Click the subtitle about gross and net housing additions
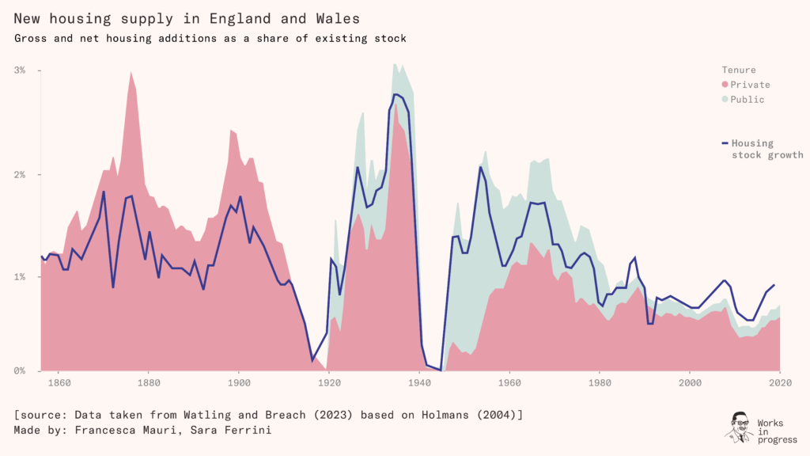point(210,37)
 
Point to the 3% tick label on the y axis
point(21,70)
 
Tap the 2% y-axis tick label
point(21,174)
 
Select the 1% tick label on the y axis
point(21,277)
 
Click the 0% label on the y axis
point(21,370)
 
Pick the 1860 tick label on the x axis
point(59,383)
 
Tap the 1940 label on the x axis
point(419,383)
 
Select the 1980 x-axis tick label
point(600,383)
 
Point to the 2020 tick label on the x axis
point(780,383)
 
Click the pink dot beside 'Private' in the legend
point(725,85)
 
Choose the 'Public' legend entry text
point(748,100)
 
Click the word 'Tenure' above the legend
point(739,70)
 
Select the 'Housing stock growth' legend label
point(766,149)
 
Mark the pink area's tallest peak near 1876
point(131,72)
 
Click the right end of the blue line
point(774,285)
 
